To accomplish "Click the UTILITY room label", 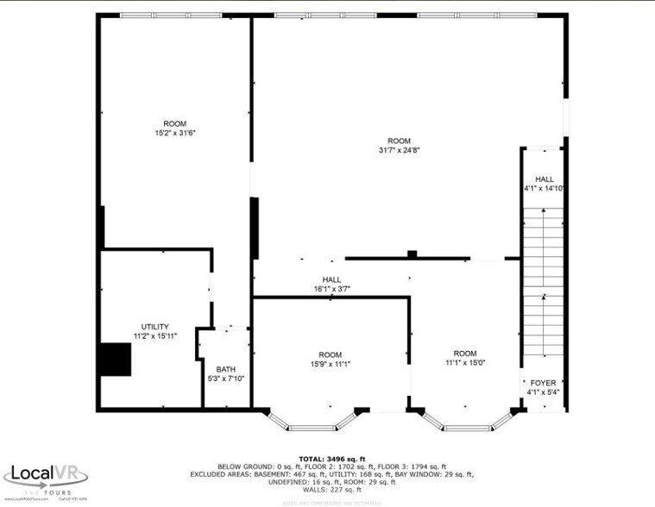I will click(x=155, y=327).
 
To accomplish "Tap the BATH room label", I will click(x=225, y=368).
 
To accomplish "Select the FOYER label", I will click(x=543, y=382).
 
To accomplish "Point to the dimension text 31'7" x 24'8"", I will click(x=399, y=150).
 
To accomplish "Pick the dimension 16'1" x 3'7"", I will click(x=331, y=289).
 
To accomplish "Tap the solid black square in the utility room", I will click(x=114, y=359).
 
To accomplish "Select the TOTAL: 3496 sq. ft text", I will click(x=332, y=459).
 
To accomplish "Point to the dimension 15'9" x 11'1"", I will click(x=330, y=364).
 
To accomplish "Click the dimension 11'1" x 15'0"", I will click(x=465, y=363).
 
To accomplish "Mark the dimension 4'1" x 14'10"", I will click(x=544, y=188).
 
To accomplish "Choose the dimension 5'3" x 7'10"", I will click(x=226, y=378).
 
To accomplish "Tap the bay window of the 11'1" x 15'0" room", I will click(x=467, y=422).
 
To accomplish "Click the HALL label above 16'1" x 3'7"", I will click(x=331, y=279).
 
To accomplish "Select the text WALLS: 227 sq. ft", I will click(x=332, y=490).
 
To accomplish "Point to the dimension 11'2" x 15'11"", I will click(x=155, y=336).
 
